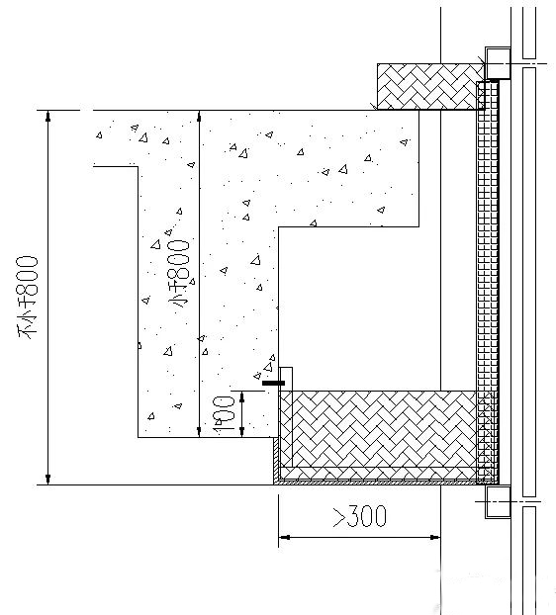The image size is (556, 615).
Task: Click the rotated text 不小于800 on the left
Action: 28,298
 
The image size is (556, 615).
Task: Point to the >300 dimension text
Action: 360,516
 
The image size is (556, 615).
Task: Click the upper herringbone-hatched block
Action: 430,87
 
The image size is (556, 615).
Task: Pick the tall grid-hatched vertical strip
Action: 488,282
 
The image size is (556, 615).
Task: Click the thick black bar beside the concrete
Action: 273,383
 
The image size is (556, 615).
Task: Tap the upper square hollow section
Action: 498,63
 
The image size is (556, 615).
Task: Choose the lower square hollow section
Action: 498,501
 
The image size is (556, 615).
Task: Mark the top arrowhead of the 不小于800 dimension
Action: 48,116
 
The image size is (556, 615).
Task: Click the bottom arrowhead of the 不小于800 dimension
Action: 48,480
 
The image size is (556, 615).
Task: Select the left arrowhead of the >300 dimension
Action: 284,537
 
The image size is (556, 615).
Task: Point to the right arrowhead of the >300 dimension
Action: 434,537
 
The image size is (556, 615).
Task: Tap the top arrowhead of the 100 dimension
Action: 242,396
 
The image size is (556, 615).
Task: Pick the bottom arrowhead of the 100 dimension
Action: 242,432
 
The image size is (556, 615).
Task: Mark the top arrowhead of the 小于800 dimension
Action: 199,116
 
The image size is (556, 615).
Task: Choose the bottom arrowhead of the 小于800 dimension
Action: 199,432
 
